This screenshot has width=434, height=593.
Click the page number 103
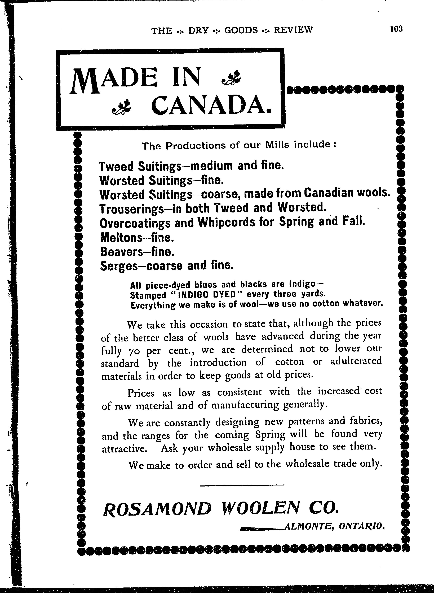[x=396, y=29]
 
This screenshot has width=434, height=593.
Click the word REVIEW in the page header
[x=293, y=30]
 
